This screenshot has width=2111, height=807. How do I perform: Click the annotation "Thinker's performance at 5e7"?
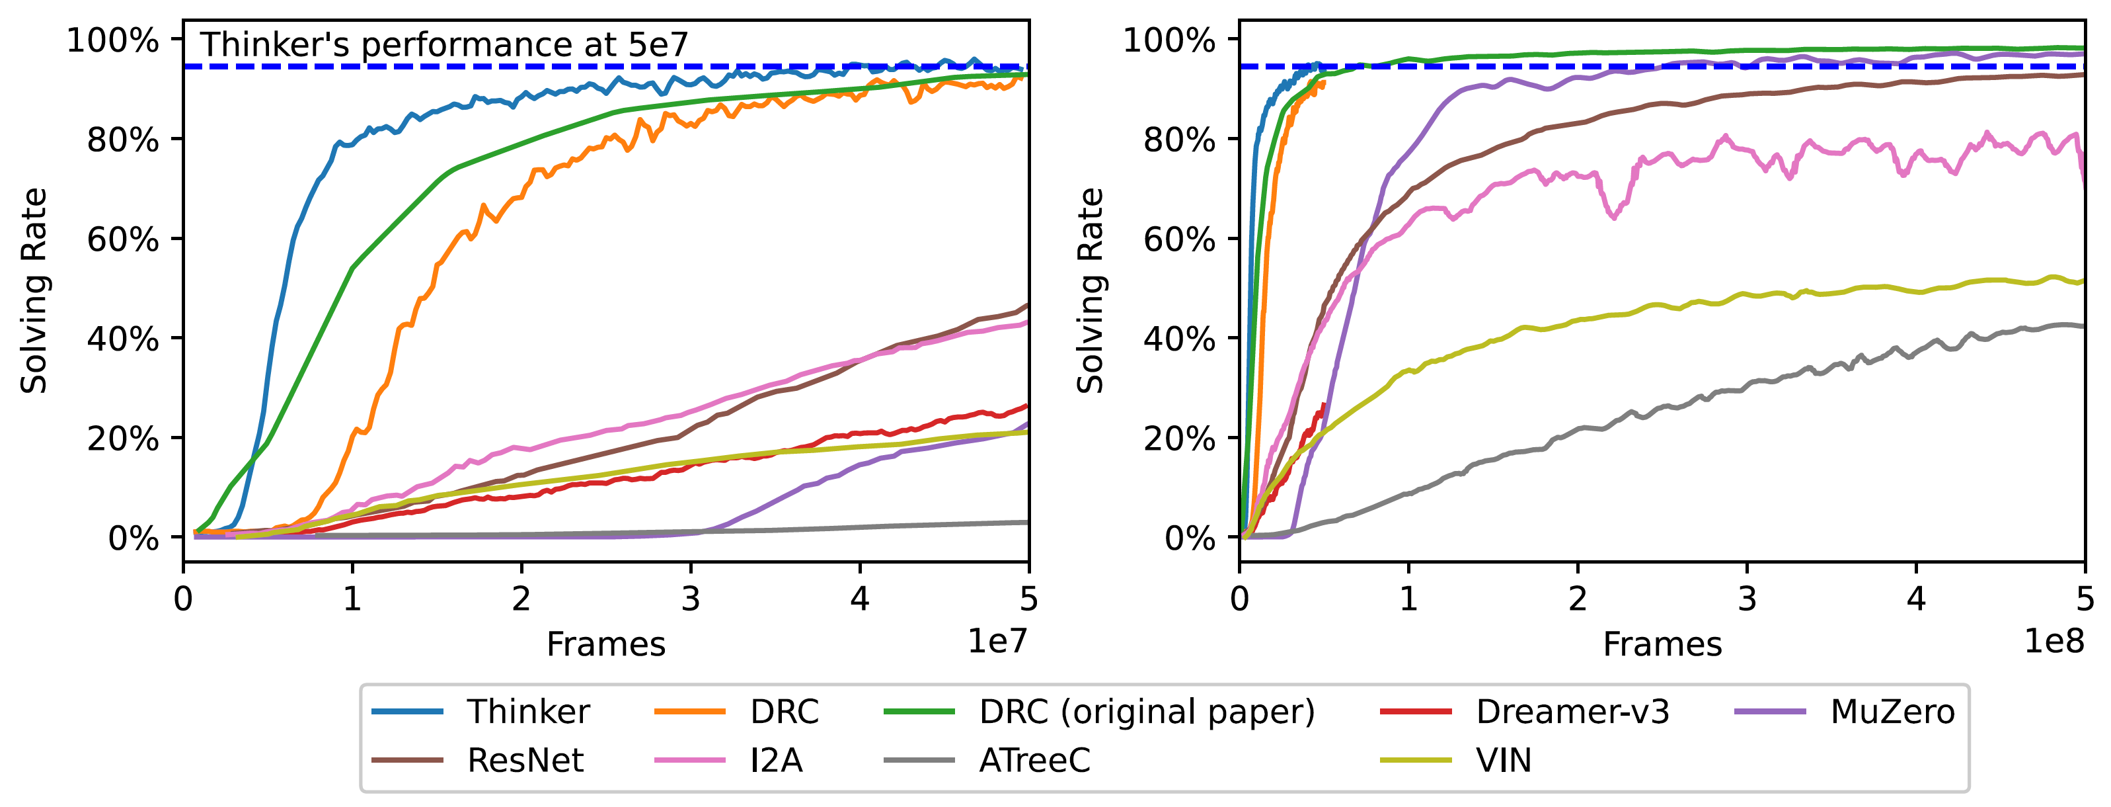point(444,44)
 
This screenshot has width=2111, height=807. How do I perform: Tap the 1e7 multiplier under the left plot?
point(997,640)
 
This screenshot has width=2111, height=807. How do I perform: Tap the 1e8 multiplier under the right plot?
point(2053,640)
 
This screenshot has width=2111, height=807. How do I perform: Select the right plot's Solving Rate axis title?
point(1090,291)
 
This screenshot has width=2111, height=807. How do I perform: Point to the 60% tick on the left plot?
point(123,239)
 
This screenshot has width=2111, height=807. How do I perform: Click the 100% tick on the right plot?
point(1169,40)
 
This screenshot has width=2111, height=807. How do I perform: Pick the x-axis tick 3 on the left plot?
point(690,599)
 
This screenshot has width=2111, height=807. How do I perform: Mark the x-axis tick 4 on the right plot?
point(1916,599)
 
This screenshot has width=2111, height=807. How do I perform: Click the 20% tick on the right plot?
point(1179,439)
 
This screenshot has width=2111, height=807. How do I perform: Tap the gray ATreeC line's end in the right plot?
point(2083,326)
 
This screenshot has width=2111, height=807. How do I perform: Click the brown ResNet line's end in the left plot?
point(1028,305)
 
